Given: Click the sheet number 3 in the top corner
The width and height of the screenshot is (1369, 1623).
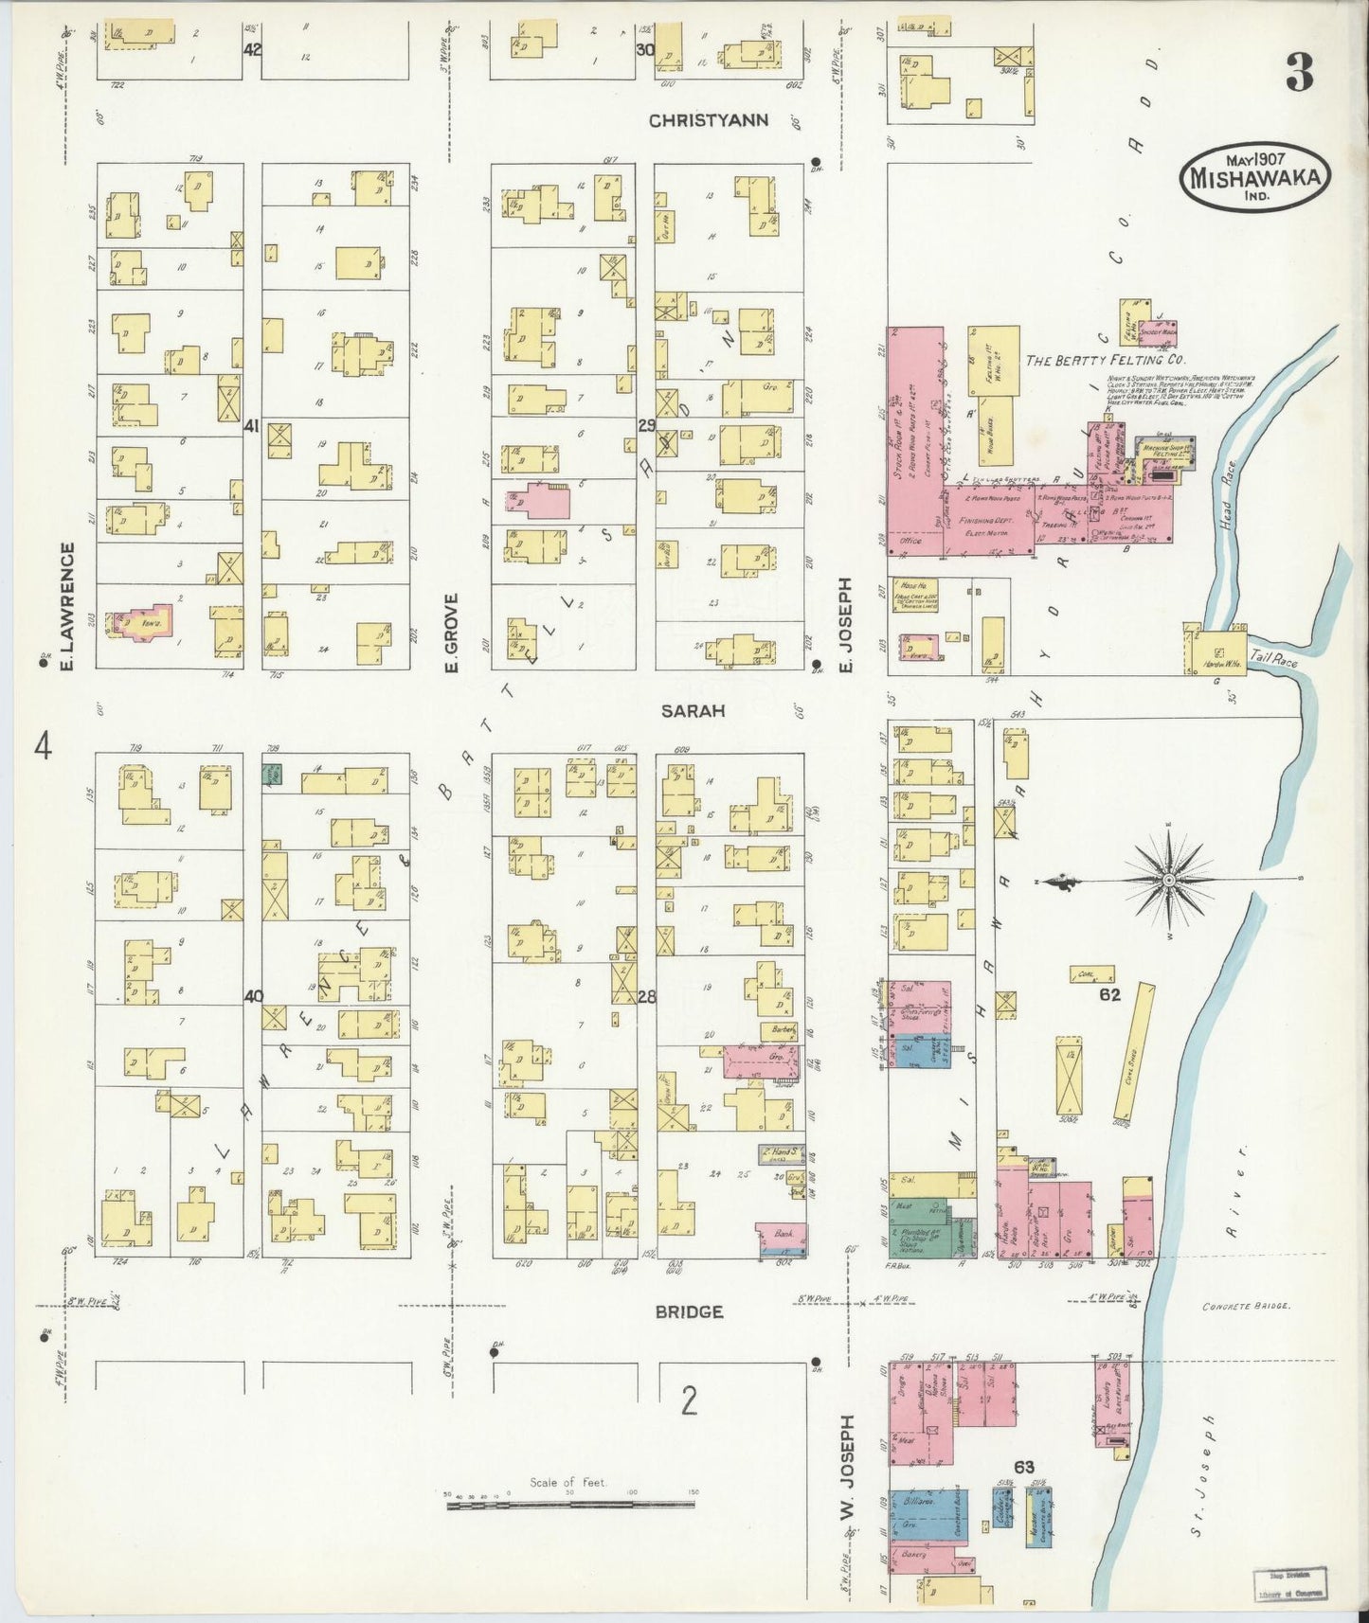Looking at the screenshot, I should (1300, 73).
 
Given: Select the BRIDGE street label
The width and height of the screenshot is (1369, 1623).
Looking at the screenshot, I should (690, 1311).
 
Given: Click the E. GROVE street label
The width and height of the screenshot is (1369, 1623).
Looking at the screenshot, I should (452, 633).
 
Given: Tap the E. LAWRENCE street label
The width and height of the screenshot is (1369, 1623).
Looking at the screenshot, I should (67, 610).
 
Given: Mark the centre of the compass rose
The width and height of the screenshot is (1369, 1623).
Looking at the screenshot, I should (1168, 880).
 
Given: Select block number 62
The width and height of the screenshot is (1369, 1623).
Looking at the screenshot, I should (1110, 994).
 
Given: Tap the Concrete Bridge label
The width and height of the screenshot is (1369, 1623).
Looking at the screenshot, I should (1245, 1306).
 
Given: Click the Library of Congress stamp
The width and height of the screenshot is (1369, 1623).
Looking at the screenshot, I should (1289, 1584).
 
